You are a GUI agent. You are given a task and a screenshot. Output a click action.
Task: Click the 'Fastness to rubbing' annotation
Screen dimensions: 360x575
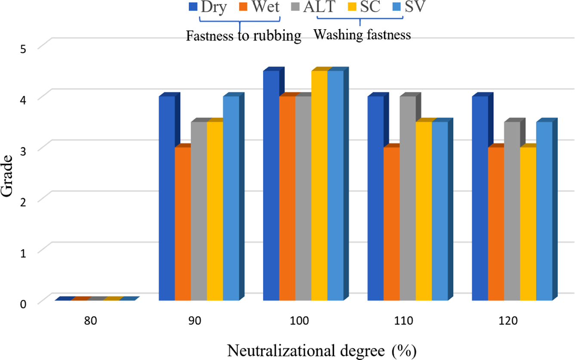pyautogui.click(x=243, y=36)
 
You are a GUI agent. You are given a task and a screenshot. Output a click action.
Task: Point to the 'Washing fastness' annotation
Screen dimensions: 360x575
pyautogui.click(x=362, y=34)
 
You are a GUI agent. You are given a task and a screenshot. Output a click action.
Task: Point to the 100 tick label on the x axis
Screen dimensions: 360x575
pyautogui.click(x=303, y=321)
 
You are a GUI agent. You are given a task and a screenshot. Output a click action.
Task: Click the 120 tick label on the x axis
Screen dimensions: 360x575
pyautogui.click(x=512, y=321)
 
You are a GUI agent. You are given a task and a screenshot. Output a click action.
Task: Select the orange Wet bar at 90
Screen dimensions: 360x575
pyautogui.click(x=183, y=224)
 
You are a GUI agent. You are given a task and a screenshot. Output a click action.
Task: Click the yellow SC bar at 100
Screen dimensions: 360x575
pyautogui.click(x=319, y=185)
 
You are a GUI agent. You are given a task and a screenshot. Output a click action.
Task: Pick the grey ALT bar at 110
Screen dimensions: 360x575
pyautogui.click(x=408, y=198)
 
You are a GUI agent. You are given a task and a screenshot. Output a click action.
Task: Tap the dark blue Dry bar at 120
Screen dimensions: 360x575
pyautogui.click(x=480, y=198)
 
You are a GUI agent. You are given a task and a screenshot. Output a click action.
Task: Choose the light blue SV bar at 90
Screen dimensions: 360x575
pyautogui.click(x=231, y=198)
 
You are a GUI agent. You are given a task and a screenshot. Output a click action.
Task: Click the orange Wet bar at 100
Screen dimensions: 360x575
pyautogui.click(x=287, y=198)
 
